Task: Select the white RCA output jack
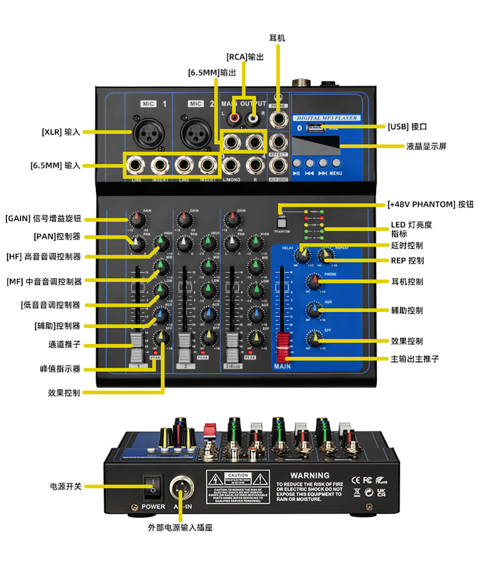[252, 118]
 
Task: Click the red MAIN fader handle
[283, 346]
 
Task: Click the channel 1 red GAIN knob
[135, 219]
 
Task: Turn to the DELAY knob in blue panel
[301, 255]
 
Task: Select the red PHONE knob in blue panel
[313, 281]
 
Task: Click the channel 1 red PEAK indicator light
[155, 352]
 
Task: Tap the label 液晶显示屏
[426, 146]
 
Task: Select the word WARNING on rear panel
[310, 475]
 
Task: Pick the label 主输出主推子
[414, 359]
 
